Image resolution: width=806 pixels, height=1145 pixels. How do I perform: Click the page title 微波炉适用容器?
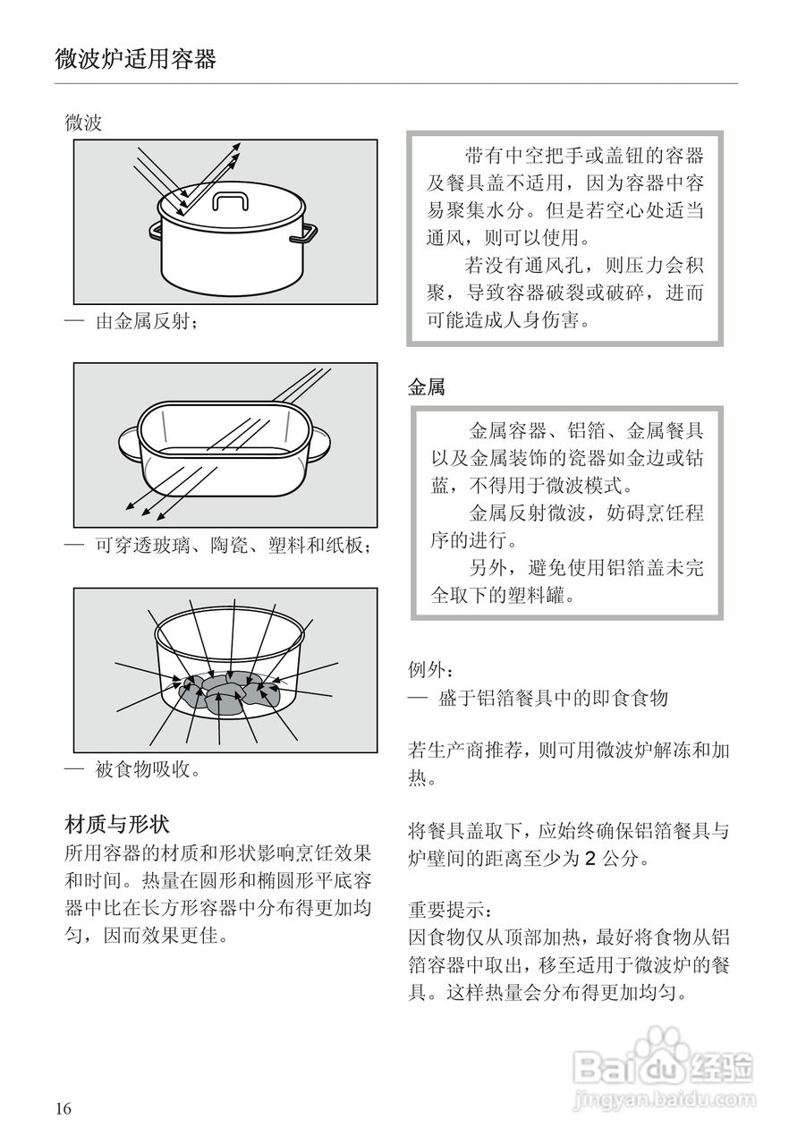tap(136, 60)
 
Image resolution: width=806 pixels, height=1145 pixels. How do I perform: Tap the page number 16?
tap(63, 1109)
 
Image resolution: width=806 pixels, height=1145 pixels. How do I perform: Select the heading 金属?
tap(427, 387)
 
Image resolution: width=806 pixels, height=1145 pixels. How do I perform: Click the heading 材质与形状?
tap(117, 823)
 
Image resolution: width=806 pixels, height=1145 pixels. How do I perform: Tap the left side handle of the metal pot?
tap(156, 231)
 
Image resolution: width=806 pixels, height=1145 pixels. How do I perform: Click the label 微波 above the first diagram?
tap(83, 123)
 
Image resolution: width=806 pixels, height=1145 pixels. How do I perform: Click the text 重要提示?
tap(449, 910)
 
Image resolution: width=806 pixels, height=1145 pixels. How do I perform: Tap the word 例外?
tap(429, 668)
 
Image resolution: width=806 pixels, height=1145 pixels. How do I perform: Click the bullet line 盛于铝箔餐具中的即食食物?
tap(553, 699)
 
